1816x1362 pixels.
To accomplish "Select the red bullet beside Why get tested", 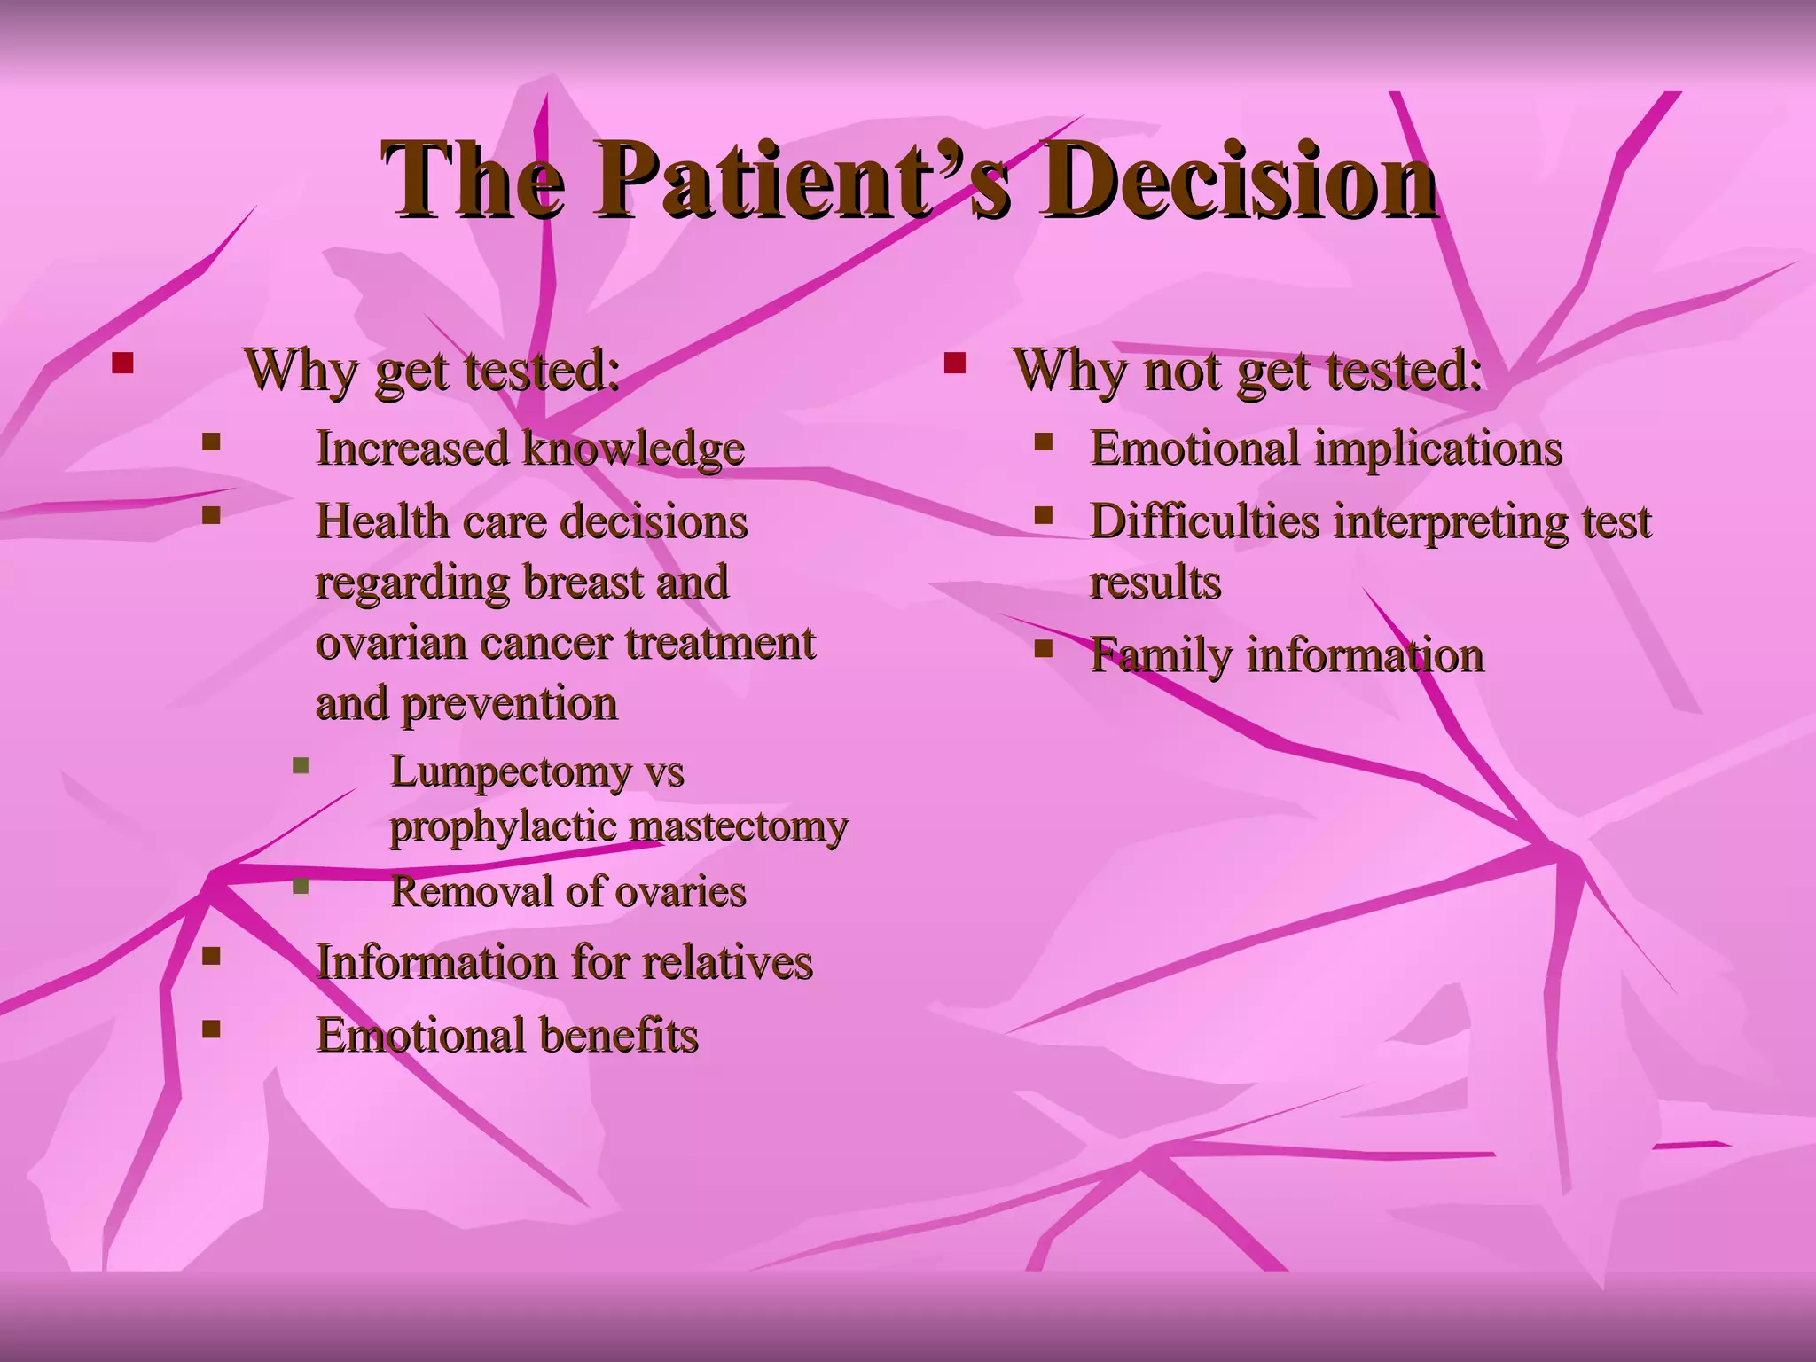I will (122, 363).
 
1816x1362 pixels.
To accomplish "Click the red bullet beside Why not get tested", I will (954, 363).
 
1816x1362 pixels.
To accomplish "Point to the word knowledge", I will (633, 448).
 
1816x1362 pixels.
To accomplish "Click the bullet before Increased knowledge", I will (211, 441).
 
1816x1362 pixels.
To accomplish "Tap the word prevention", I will (509, 704).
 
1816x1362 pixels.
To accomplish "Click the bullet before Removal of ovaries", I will (301, 885).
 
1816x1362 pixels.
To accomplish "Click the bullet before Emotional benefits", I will (211, 1029).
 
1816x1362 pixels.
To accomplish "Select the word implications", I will (1436, 448).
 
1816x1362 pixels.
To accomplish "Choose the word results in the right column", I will (1155, 583).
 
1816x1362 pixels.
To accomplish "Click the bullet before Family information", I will (1044, 649).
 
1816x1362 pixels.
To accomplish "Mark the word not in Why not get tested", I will (1183, 370).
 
